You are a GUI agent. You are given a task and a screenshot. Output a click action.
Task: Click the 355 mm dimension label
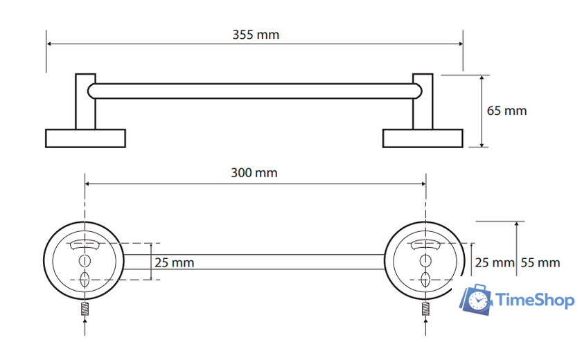click(x=256, y=35)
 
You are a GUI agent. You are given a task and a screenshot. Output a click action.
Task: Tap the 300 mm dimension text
click(x=254, y=173)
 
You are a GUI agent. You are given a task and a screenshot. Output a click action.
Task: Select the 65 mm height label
click(x=506, y=111)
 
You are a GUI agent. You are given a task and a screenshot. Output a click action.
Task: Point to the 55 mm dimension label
click(x=540, y=262)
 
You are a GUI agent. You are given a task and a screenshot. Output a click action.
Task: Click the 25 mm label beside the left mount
click(x=174, y=262)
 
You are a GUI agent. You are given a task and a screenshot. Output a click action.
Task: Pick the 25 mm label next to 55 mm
click(x=495, y=262)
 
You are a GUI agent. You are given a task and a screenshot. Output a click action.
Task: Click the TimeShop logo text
click(x=535, y=300)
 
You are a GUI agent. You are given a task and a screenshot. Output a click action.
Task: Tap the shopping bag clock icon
click(x=476, y=300)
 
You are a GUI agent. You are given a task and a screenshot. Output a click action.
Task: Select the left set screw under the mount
click(x=85, y=309)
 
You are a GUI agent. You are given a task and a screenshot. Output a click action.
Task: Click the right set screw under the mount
click(x=425, y=309)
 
